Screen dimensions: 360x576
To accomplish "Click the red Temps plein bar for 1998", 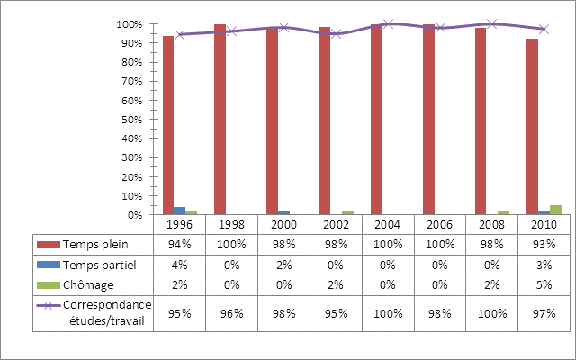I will click(220, 120).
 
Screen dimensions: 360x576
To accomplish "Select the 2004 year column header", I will click(388, 224).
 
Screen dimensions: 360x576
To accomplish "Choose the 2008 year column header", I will click(491, 224).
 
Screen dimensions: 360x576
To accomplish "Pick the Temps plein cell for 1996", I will click(180, 244).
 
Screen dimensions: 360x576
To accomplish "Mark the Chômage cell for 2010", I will click(544, 285).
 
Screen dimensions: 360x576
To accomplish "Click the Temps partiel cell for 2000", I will click(283, 265).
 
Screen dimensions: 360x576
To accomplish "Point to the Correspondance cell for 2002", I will click(336, 311).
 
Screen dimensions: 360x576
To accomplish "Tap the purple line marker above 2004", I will click(388, 24).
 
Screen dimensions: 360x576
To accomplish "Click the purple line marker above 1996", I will click(180, 34).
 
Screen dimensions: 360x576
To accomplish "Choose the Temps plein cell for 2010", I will click(544, 244).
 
